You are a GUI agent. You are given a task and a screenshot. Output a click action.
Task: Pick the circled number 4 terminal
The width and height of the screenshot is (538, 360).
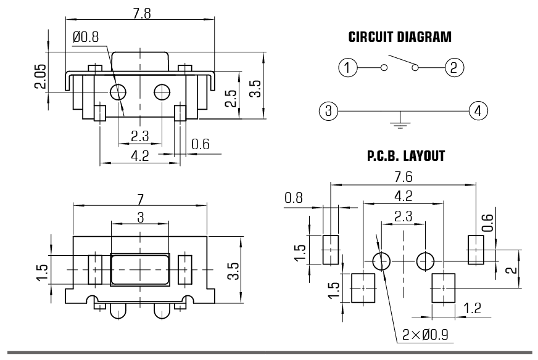coord(478,112)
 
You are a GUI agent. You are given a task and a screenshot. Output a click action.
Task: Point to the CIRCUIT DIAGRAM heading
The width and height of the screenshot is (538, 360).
coord(400,38)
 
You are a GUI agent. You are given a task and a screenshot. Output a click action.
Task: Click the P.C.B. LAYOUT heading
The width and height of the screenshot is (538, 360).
coord(405,157)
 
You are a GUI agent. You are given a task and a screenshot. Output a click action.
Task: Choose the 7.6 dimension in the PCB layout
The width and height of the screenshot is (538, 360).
coord(403,177)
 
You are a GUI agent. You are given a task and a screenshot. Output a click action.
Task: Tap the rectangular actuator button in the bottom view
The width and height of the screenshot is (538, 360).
coord(139,269)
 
